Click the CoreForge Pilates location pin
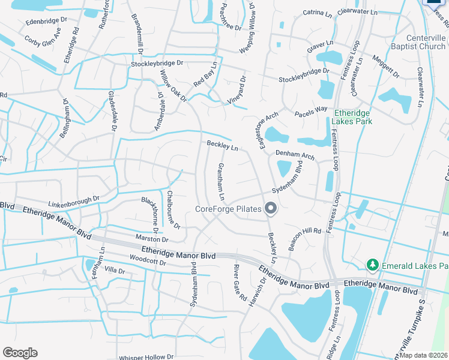[271, 209]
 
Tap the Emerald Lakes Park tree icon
[372, 265]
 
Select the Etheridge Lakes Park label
[352, 117]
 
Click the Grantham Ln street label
[221, 181]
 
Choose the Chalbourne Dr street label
[173, 209]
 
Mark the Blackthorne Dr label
[150, 214]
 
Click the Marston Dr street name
[152, 239]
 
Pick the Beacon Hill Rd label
[305, 239]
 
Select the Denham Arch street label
[295, 155]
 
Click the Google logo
[20, 353]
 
